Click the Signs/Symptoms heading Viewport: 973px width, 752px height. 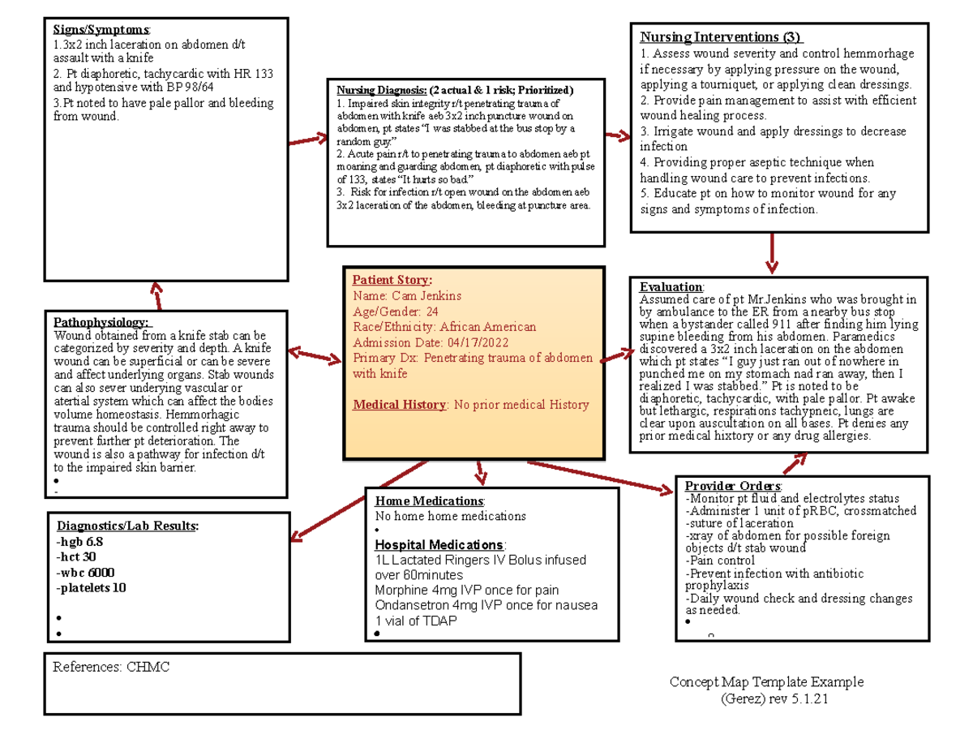pos(87,31)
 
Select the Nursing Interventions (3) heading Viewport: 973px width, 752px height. pos(720,37)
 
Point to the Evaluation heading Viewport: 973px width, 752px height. pos(671,287)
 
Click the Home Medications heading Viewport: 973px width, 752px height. pos(429,501)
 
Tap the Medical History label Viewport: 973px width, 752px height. pos(400,405)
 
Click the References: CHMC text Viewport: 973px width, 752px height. pos(112,668)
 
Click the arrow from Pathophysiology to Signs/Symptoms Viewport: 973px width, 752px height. pos(156,295)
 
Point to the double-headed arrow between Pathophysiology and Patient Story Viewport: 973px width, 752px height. pos(315,355)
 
